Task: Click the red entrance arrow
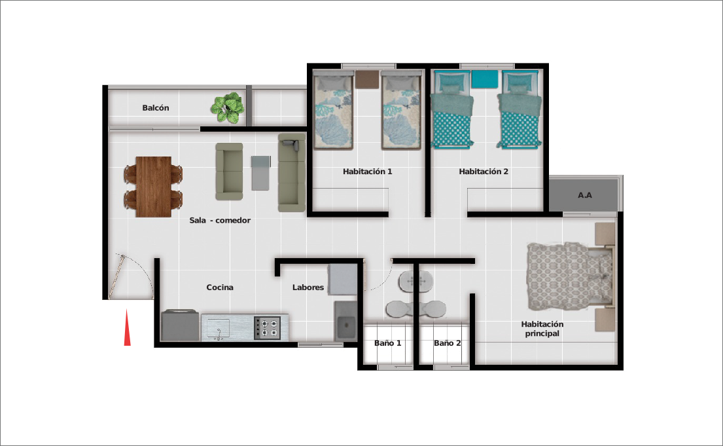point(128,328)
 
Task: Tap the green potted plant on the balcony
point(227,108)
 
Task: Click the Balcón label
point(155,108)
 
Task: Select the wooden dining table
point(154,187)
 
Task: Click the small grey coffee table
point(260,173)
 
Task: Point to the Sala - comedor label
point(220,220)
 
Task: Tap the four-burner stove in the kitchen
point(268,328)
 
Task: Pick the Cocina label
point(219,287)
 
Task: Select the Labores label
point(308,287)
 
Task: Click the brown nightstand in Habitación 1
point(367,79)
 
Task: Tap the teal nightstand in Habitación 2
point(485,79)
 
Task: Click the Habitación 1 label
point(368,172)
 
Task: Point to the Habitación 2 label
point(484,172)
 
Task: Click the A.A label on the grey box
point(585,195)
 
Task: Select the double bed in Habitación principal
point(571,276)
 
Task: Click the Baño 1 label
point(387,343)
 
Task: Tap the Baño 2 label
point(448,343)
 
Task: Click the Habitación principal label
point(542,329)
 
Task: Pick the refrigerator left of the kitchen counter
point(181,325)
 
